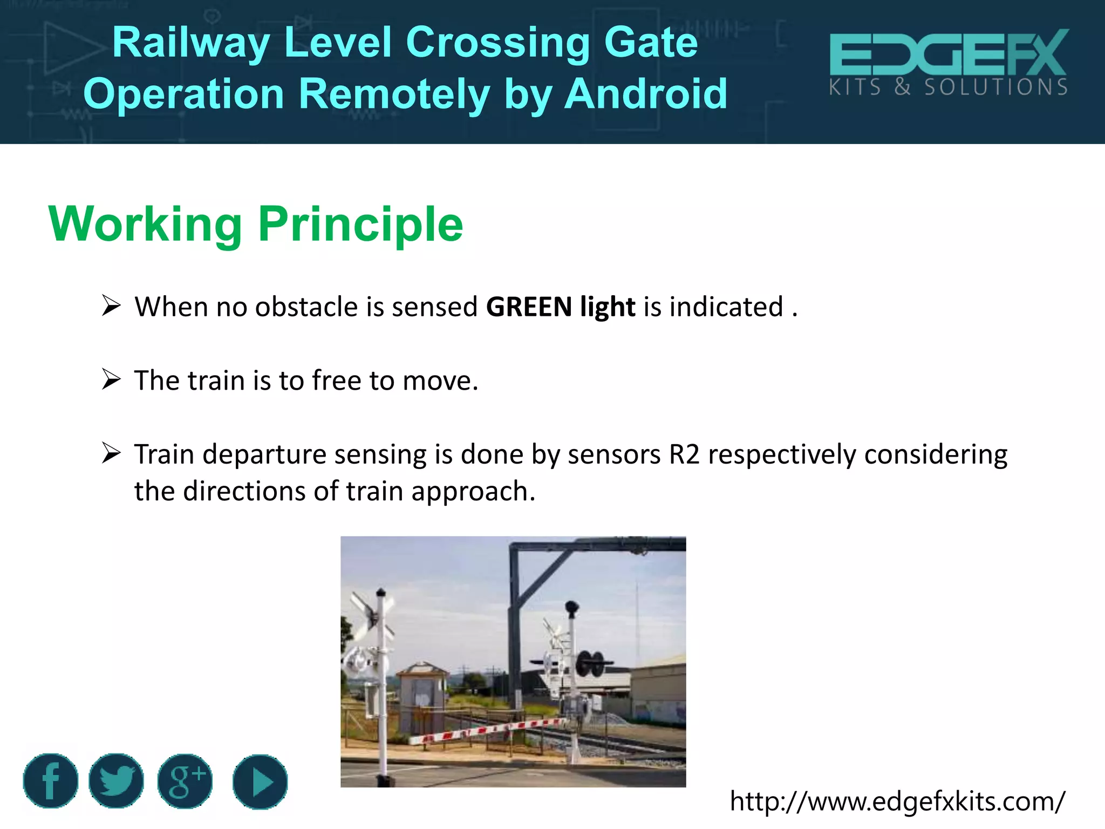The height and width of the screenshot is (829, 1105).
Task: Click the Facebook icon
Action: coord(50,780)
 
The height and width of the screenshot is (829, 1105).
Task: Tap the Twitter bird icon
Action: coord(116,780)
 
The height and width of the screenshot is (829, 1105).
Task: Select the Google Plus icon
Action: coord(185,781)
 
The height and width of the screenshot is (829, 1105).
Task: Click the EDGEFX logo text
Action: coord(948,53)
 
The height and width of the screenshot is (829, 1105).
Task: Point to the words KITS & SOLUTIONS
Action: coord(948,87)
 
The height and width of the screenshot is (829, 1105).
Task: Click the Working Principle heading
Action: coord(256,224)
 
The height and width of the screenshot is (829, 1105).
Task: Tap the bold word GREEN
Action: coord(529,307)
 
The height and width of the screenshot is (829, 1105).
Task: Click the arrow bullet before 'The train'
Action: coord(111,379)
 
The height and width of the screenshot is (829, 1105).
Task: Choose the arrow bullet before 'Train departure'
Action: coord(111,453)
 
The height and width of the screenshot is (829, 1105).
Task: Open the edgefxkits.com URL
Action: coord(897,801)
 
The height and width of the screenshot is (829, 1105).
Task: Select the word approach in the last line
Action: coord(473,492)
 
